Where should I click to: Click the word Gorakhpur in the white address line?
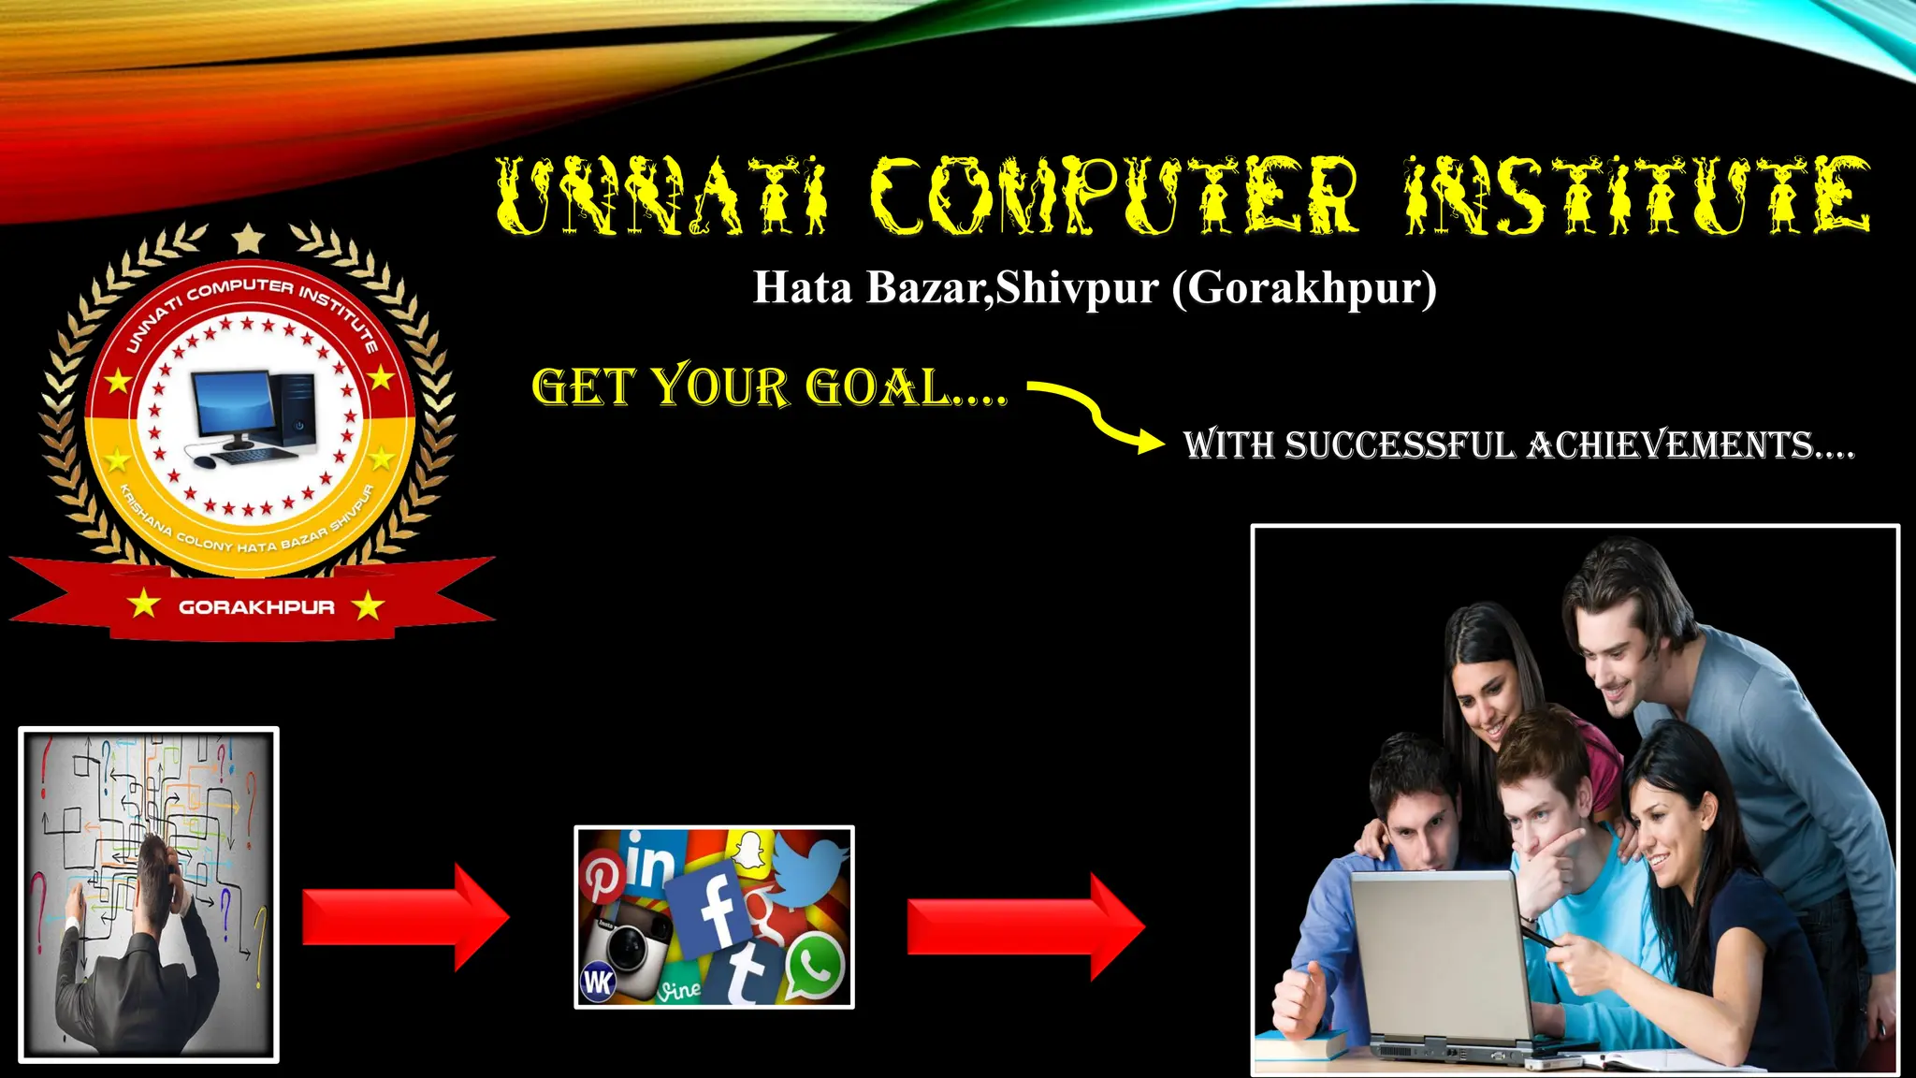click(1304, 288)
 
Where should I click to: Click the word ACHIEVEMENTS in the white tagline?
click(1690, 445)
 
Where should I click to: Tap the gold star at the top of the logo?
click(248, 239)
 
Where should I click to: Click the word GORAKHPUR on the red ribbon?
click(256, 607)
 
